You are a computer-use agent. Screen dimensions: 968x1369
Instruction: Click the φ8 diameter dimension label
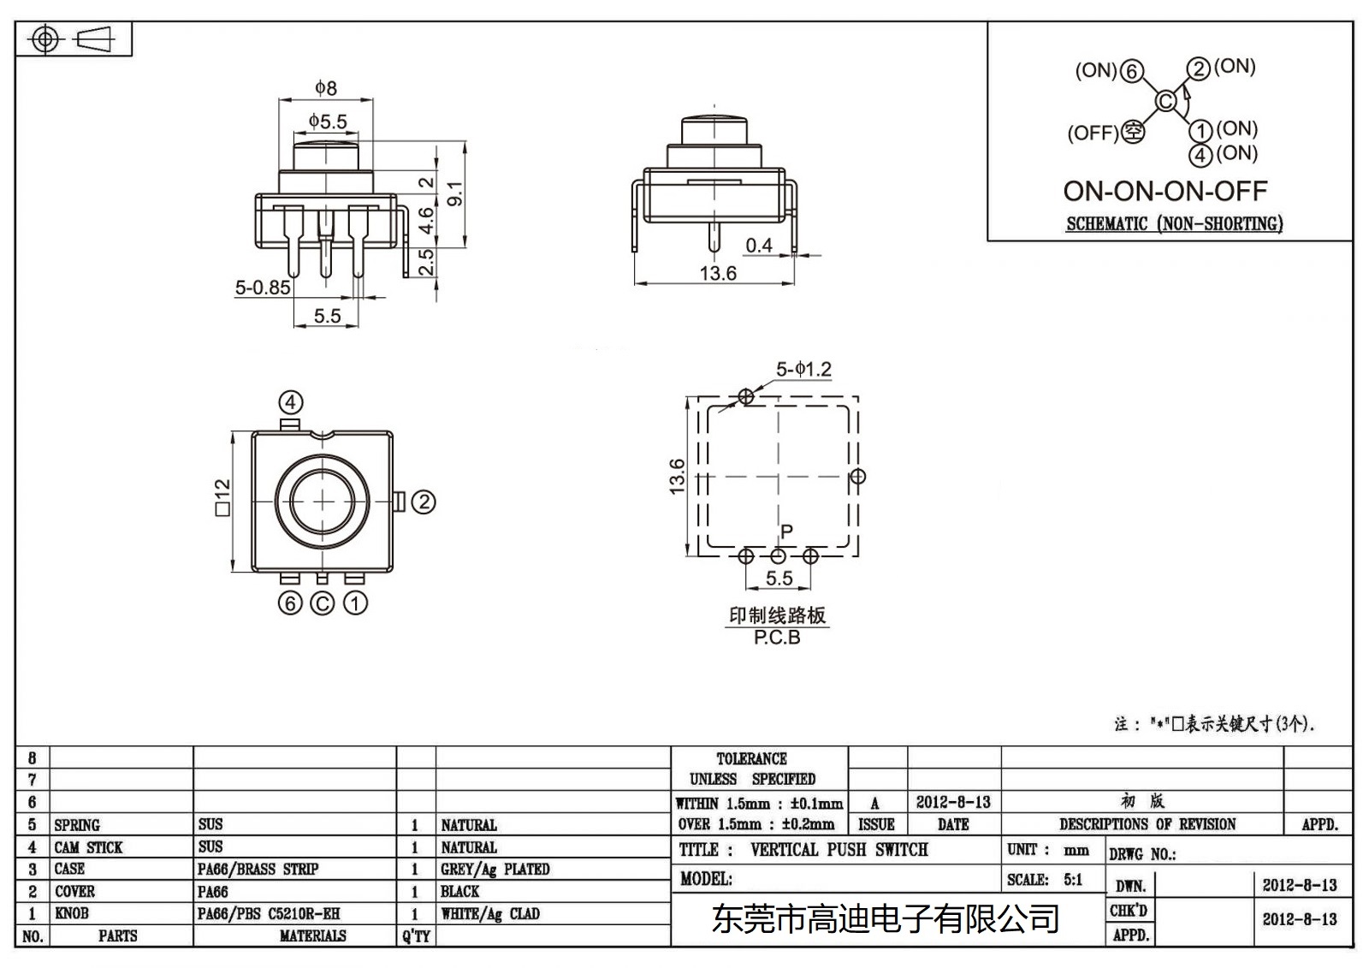(326, 87)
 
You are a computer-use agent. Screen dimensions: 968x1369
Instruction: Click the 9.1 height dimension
(456, 193)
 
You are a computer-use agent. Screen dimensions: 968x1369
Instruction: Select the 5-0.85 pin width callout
(263, 288)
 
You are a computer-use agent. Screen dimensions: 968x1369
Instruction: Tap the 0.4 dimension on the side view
(759, 246)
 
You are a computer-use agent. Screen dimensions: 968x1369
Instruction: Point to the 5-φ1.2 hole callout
(803, 369)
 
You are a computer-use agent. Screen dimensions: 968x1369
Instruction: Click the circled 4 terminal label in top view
(291, 402)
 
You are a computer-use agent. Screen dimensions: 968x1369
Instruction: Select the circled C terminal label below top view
(322, 603)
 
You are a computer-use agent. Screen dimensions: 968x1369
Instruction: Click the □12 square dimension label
(222, 497)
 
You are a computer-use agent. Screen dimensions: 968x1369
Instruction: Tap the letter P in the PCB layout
(786, 532)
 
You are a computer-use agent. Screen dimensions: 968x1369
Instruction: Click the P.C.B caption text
(777, 638)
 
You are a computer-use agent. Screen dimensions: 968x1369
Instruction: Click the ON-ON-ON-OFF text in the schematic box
(1165, 191)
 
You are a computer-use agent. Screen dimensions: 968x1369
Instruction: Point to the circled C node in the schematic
(1165, 101)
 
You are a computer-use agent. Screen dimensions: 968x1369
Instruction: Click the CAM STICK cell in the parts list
(89, 847)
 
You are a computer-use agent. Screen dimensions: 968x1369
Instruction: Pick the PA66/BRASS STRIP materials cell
(258, 869)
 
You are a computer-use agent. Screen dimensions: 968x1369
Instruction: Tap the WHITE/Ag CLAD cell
(490, 913)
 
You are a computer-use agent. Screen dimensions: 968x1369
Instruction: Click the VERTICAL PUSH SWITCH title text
(839, 850)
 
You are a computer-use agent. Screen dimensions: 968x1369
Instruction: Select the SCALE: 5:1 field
(1045, 879)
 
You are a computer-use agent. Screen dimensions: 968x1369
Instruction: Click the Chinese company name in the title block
(886, 919)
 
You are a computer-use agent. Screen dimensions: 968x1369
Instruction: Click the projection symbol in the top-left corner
(74, 39)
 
